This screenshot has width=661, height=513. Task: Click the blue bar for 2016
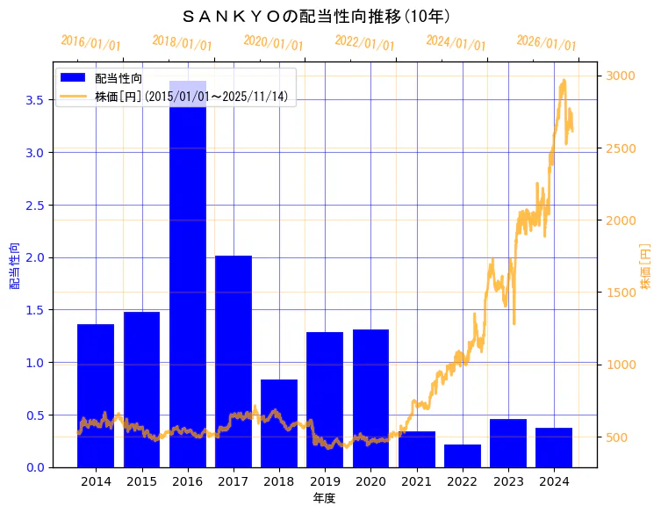tap(188, 273)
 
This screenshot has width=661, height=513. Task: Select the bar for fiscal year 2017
tap(234, 361)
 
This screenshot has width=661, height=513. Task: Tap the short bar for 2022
tap(463, 456)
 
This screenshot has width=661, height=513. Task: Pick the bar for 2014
tap(96, 395)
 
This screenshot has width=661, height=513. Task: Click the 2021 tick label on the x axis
tap(416, 481)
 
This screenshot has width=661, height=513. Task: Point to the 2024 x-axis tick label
tap(554, 481)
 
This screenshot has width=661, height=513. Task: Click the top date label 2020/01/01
tap(273, 43)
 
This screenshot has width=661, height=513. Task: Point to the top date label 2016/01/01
tap(90, 43)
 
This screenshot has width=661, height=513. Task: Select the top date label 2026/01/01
tap(546, 43)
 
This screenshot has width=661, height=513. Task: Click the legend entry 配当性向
tap(119, 78)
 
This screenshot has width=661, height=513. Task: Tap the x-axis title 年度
tap(324, 498)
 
